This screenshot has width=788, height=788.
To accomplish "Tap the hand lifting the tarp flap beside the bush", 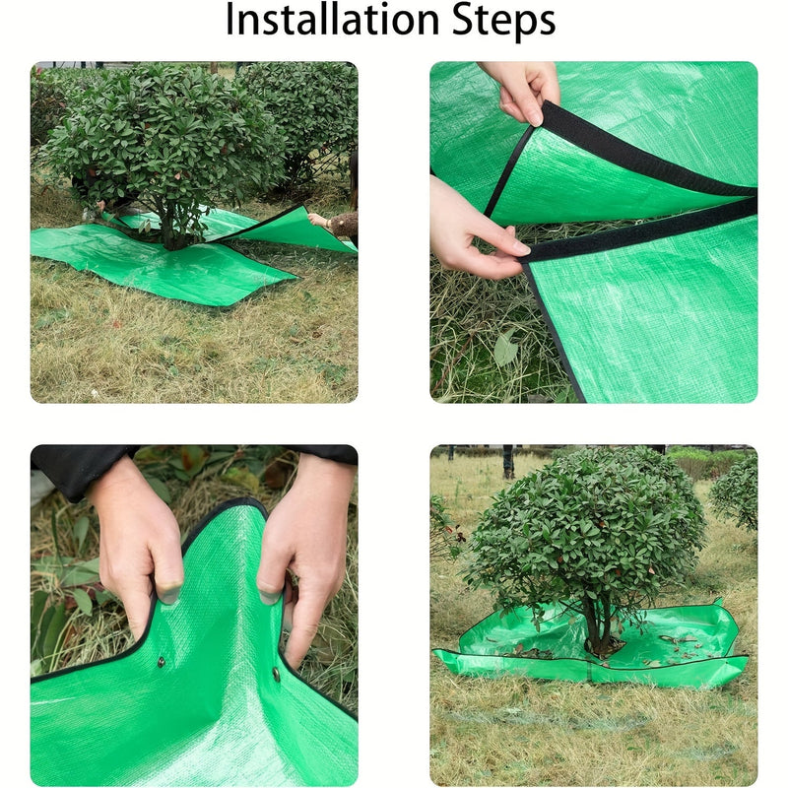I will point(317,219).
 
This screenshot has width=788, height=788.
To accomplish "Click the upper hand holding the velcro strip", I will point(520,91).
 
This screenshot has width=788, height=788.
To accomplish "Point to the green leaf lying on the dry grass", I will point(506,349).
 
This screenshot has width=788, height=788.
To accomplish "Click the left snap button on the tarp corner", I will point(162,662).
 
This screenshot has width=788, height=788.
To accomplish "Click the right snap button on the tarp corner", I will point(276,675).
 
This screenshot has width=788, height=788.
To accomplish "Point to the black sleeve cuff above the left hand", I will point(79,468).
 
